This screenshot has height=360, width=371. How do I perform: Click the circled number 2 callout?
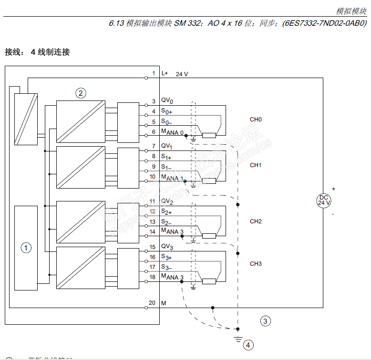(x=81, y=93)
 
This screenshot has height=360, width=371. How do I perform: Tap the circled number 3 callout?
(x=266, y=321)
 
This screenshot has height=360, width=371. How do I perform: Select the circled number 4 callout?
(x=247, y=345)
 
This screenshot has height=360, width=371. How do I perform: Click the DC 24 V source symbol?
(x=324, y=200)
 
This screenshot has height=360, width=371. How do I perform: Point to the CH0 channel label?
(x=256, y=120)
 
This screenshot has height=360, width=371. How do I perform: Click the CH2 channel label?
(x=256, y=221)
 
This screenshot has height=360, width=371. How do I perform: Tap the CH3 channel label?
(x=256, y=264)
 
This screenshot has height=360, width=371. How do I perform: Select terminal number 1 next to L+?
(x=154, y=73)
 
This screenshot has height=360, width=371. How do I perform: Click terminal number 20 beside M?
(x=153, y=303)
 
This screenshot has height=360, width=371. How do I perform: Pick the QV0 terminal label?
(x=167, y=101)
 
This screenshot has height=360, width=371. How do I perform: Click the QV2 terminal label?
(x=167, y=201)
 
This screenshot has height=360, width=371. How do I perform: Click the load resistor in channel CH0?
(x=209, y=136)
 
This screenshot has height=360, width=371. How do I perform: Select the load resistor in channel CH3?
(x=209, y=281)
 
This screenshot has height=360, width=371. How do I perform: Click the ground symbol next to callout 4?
(x=237, y=339)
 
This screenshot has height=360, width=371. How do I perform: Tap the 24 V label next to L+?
(x=182, y=74)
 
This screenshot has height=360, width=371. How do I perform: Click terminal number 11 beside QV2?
(x=153, y=201)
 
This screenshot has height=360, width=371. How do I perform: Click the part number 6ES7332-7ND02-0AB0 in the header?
(x=325, y=22)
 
